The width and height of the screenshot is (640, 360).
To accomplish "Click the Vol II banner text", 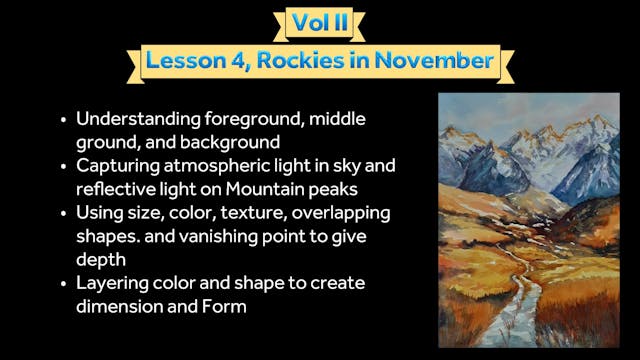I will pyautogui.click(x=318, y=22).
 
